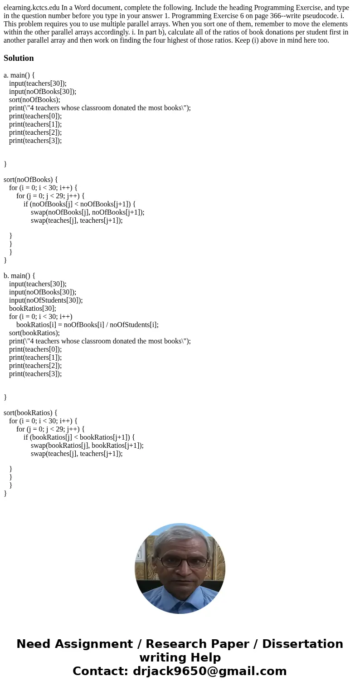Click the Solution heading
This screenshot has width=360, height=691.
19,58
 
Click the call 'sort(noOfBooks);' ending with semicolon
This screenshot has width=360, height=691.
34,99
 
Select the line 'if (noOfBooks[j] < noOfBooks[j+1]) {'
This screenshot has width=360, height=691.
79,204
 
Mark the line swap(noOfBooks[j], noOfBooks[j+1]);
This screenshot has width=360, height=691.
88,212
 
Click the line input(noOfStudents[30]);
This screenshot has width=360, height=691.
46,300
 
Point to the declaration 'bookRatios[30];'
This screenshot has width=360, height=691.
33,308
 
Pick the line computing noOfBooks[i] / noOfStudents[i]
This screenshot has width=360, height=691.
88,324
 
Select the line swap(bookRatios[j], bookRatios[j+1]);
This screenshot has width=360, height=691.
87,445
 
